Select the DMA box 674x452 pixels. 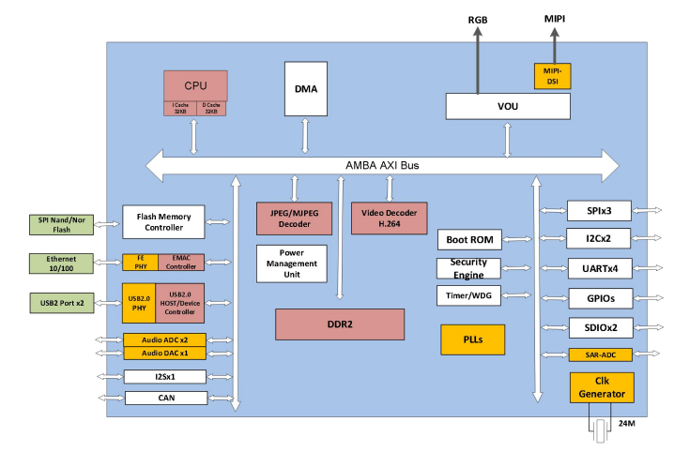point(306,89)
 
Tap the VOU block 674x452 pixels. point(508,106)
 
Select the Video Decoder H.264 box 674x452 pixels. point(390,218)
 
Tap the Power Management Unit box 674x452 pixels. point(292,264)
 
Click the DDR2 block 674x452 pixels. point(339,324)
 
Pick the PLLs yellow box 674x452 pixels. point(472,339)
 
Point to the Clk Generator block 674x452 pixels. point(601,387)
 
